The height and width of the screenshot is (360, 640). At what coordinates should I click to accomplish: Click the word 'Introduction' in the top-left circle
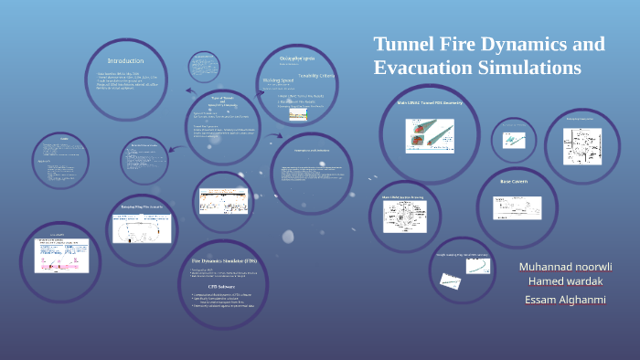(x=125, y=60)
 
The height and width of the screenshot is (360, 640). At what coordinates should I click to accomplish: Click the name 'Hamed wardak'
(x=567, y=281)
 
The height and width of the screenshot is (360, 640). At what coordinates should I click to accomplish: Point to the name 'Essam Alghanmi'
(x=564, y=300)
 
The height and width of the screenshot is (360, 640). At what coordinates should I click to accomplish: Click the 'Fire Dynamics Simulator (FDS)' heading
(x=218, y=260)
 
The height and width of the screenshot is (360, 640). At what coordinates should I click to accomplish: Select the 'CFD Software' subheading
(x=218, y=286)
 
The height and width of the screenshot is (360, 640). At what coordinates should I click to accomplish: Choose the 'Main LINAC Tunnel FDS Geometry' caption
(x=429, y=103)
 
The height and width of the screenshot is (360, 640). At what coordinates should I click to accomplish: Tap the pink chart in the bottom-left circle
(x=60, y=257)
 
